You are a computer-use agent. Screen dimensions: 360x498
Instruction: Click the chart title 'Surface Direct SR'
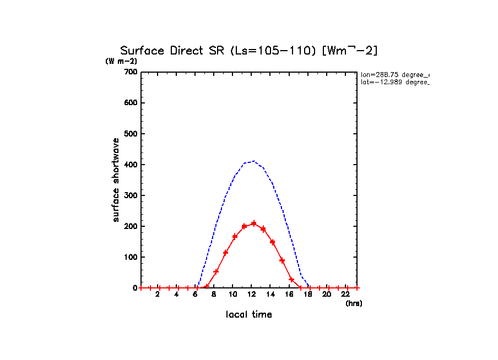point(171,51)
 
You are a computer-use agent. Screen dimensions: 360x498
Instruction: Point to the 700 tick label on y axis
point(130,72)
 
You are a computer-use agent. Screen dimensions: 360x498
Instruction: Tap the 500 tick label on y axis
point(130,134)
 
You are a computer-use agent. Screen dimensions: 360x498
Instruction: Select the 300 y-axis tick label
point(130,195)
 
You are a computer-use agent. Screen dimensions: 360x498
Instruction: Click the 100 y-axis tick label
point(130,257)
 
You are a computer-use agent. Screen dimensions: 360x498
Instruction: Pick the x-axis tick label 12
point(251,294)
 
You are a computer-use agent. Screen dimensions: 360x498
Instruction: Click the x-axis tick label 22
point(346,294)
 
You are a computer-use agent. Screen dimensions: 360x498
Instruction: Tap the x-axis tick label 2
point(157,294)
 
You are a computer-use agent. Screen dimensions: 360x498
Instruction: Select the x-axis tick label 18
point(308,294)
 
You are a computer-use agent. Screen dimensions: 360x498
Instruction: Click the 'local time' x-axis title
point(248,315)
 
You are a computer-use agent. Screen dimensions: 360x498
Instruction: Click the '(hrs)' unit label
point(353,303)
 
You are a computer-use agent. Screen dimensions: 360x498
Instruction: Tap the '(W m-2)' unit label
point(121,61)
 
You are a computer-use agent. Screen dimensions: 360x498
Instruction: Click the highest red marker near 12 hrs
point(253,223)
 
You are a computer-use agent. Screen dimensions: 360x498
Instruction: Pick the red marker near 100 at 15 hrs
point(282,260)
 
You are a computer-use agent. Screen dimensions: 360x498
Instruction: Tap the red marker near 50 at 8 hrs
point(216,271)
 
